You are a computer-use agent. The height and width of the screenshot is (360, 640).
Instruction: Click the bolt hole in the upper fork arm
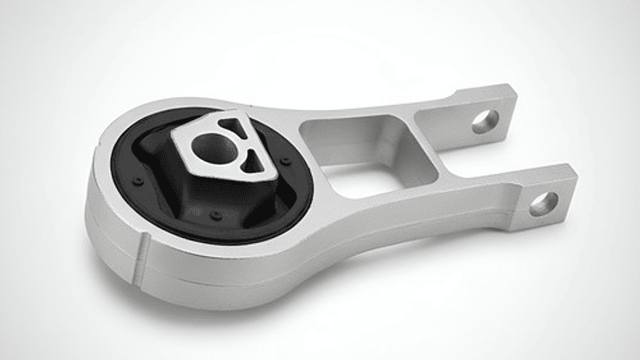485,121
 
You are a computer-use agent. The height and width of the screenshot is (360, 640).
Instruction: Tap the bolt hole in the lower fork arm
543,204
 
